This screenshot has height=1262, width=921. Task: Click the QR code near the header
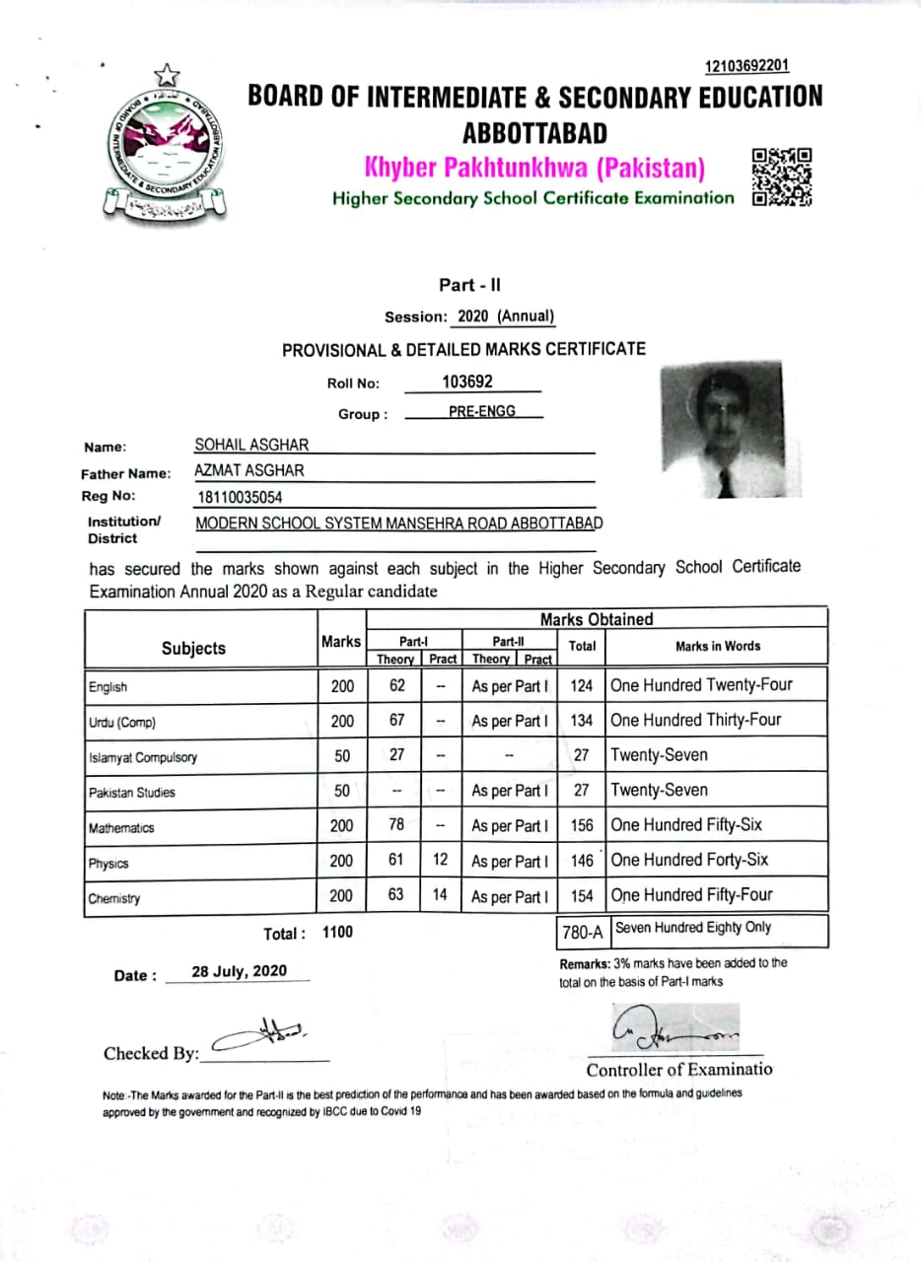pos(782,176)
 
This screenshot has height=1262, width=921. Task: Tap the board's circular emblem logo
pos(166,145)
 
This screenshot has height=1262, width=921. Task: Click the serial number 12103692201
pos(746,66)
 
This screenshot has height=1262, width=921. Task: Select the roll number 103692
pos(467,382)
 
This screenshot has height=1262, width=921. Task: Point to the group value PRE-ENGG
pos(481,411)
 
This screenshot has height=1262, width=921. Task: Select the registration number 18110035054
pos(239,498)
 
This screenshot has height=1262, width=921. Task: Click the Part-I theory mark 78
pos(396,825)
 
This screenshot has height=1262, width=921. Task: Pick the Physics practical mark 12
pos(441,860)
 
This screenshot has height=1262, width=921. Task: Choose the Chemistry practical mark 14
pos(441,895)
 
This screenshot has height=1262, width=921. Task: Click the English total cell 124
pos(582,684)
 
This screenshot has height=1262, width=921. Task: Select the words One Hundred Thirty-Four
pos(695,720)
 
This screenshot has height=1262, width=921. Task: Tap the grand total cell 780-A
pos(582,931)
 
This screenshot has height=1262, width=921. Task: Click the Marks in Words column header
pos(717,647)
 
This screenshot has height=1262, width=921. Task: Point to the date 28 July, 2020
pos(239,971)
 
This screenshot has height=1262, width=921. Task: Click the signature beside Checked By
pos(261,1035)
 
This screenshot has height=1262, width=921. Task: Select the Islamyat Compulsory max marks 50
pos(341,756)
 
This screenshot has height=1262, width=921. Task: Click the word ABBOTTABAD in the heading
pos(534,132)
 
